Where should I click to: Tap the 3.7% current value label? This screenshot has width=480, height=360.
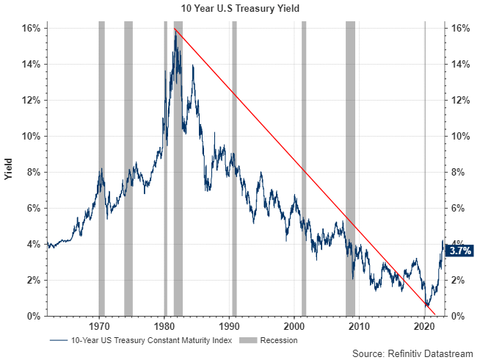459,251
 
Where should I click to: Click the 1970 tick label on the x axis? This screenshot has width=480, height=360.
99,325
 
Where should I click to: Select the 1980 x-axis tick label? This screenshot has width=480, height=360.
164,325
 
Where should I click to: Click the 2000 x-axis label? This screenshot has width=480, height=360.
294,325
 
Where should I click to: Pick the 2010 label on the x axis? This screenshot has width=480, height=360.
360,325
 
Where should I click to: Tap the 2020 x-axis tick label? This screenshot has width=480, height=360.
425,325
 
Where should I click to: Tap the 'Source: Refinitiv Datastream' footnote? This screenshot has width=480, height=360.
412,354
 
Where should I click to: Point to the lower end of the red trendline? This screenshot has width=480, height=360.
435,315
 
